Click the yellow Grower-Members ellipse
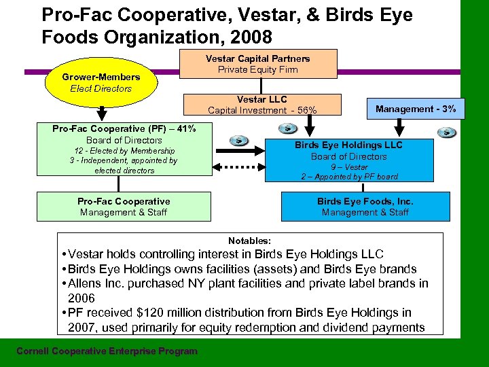coord(101,82)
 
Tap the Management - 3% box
coord(416,109)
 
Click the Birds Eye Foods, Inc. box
coord(365,207)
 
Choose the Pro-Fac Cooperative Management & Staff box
coord(124,207)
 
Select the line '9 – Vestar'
coord(349,167)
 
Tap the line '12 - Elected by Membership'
coord(124,151)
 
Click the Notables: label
coord(249,241)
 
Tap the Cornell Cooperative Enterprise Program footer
coord(107,351)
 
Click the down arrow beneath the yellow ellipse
coord(101,112)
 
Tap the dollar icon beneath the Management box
coord(447,132)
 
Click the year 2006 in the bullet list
coord(81,298)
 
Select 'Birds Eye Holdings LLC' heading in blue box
coord(348,145)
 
